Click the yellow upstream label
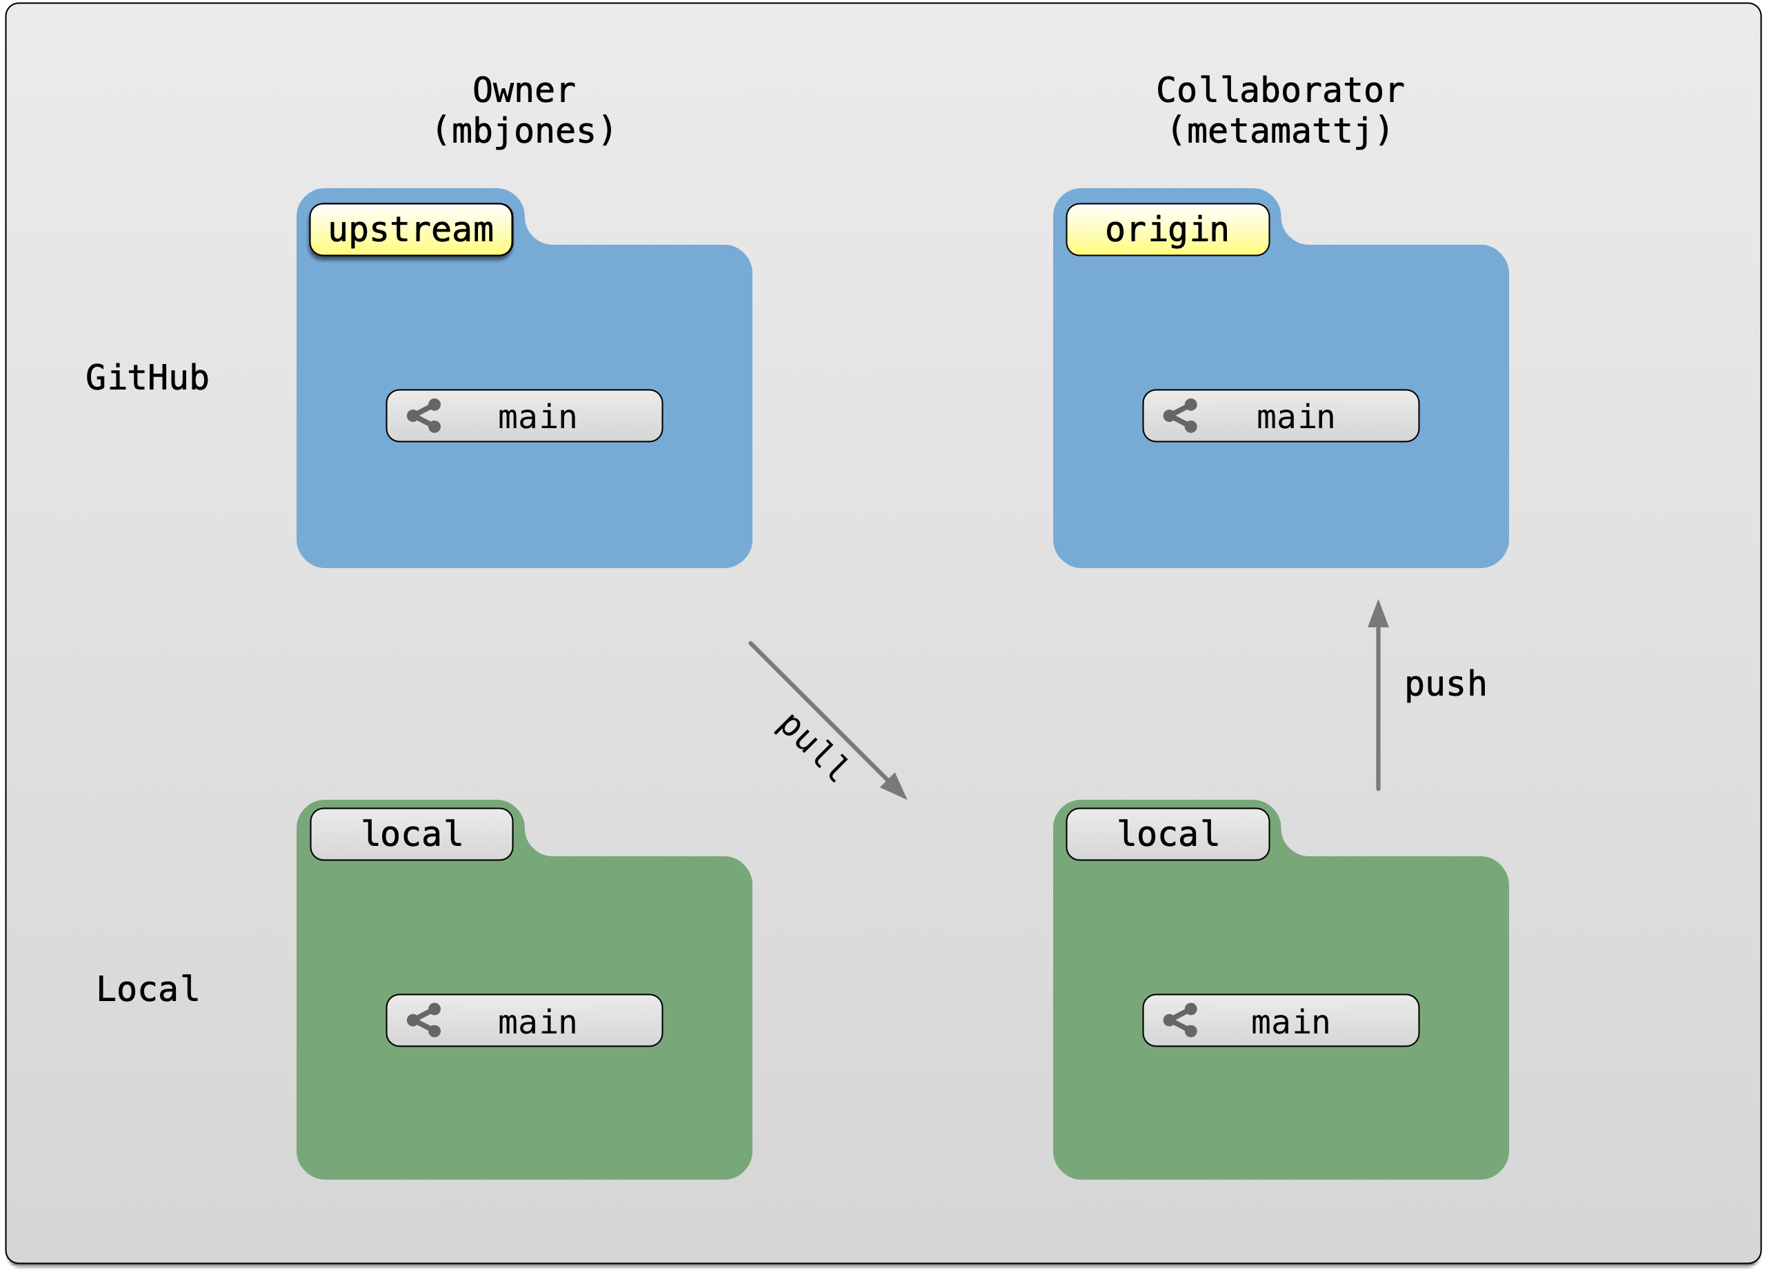click(410, 230)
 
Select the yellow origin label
click(1167, 230)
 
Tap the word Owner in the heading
click(523, 90)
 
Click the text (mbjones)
click(523, 131)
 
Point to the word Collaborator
click(1279, 90)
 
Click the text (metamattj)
click(1279, 131)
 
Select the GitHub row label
click(148, 378)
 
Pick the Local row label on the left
click(148, 989)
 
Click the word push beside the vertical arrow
click(1444, 685)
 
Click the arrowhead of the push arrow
click(1378, 616)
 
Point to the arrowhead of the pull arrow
click(896, 787)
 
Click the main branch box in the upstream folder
click(523, 416)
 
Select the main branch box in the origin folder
click(1280, 416)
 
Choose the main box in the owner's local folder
click(523, 1020)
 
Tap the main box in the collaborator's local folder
click(1280, 1020)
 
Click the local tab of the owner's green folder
click(411, 834)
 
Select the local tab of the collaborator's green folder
click(1167, 834)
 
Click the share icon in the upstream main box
click(425, 416)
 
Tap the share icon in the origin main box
click(1180, 416)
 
